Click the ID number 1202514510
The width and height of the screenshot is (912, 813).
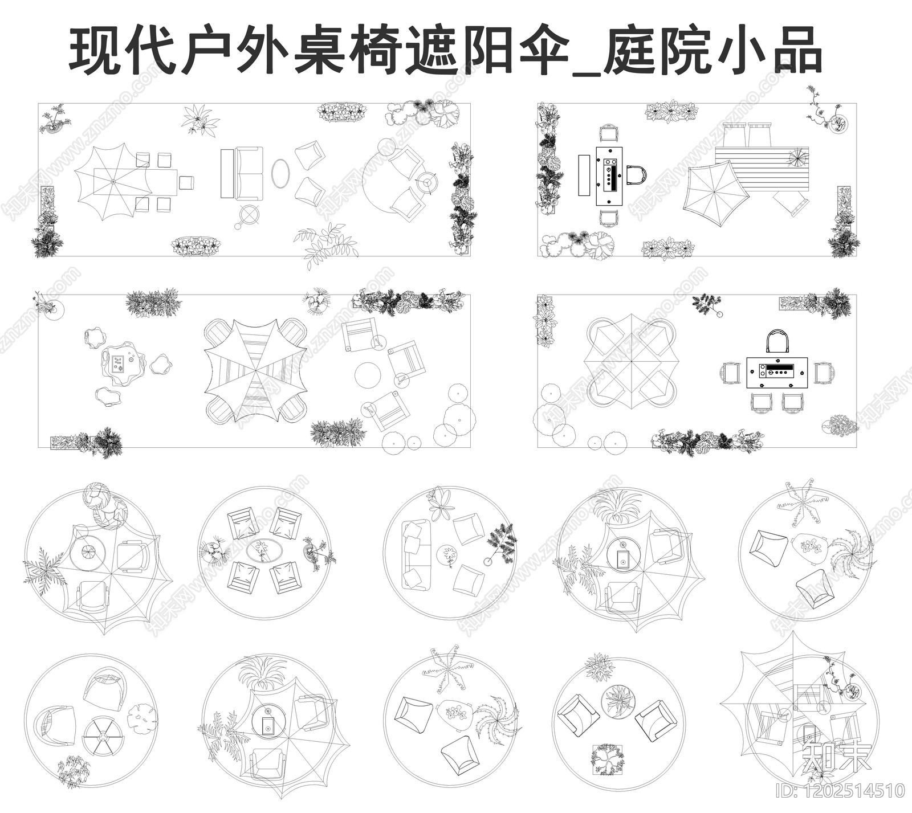[x=840, y=791]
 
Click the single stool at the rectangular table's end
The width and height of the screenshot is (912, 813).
[x=186, y=183]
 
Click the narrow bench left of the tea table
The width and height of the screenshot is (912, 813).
[x=584, y=175]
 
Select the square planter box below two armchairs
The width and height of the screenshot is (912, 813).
[x=608, y=758]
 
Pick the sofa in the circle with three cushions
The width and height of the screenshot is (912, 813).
[x=415, y=554]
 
